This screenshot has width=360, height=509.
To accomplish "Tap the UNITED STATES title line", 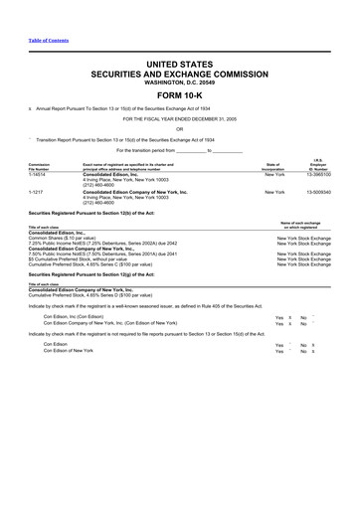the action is click(179, 62).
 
